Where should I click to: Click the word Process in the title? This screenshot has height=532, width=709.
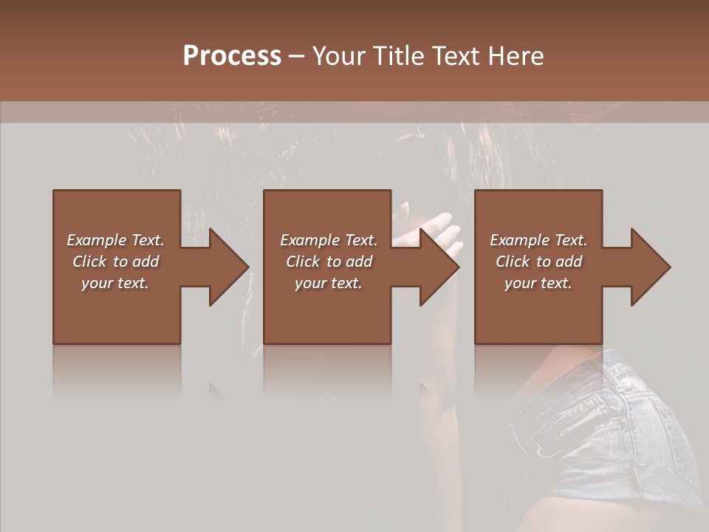[232, 56]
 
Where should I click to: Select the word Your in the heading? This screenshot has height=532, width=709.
[339, 56]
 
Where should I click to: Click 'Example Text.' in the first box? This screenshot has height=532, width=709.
[115, 240]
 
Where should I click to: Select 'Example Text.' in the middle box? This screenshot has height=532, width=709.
[329, 240]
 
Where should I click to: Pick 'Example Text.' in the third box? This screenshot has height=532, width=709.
[538, 240]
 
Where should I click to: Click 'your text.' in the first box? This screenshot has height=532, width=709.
[115, 283]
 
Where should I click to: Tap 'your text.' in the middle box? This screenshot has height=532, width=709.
[329, 283]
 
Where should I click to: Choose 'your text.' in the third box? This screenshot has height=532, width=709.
[538, 283]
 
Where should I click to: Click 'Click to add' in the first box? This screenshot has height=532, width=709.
[115, 262]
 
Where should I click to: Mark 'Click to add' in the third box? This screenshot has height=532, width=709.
[538, 262]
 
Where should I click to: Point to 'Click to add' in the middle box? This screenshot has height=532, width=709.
[329, 262]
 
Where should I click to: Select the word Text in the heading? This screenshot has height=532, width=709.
[456, 56]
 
